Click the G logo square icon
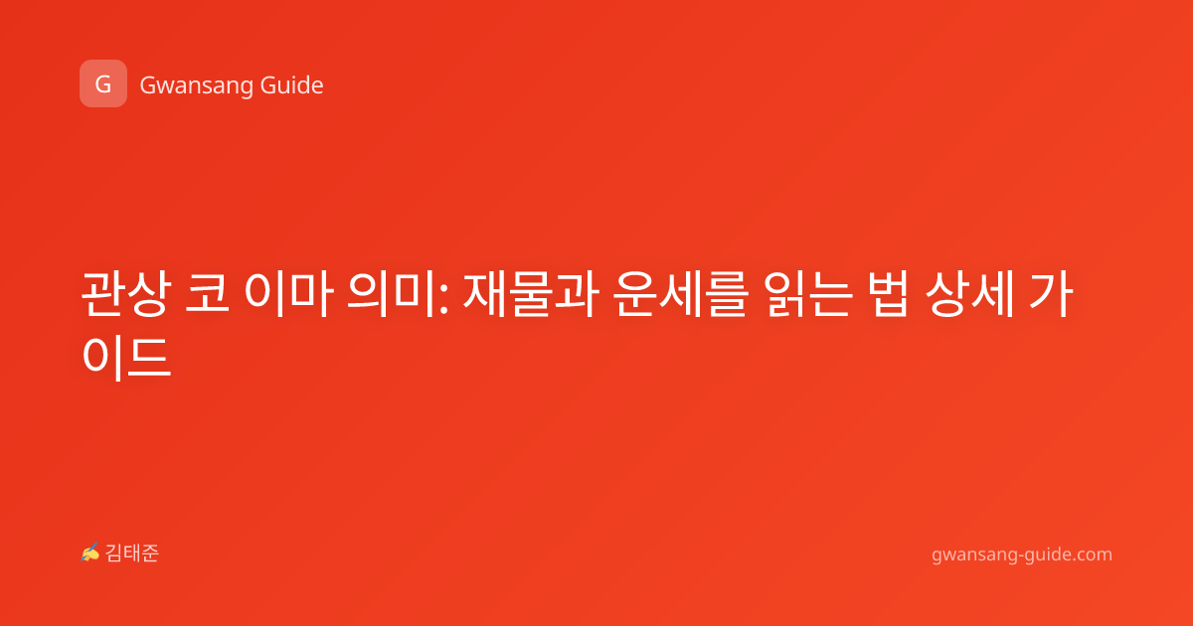click(103, 83)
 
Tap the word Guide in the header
click(291, 85)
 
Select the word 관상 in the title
click(126, 294)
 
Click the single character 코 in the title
click(207, 294)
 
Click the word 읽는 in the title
click(808, 294)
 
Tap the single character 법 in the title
click(890, 294)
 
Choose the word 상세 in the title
click(970, 294)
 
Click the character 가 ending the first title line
click(1051, 294)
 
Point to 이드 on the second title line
click(126, 357)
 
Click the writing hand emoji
click(90, 552)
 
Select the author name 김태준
click(132, 553)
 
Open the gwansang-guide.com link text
click(1022, 554)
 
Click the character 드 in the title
click(149, 357)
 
